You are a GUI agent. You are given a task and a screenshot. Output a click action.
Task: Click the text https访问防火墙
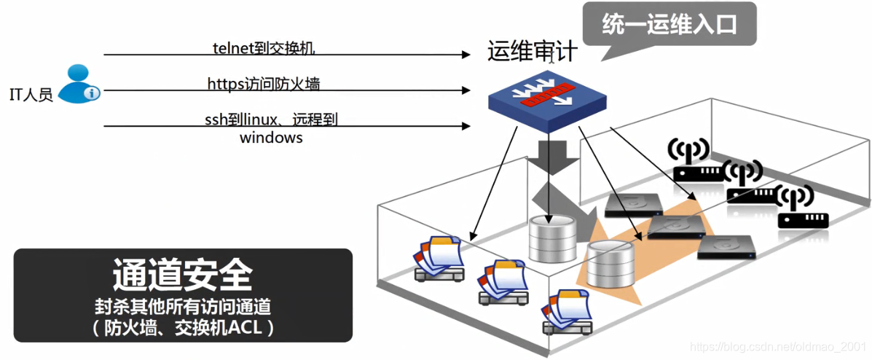[x=264, y=85]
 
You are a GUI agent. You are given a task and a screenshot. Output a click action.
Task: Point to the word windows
[x=271, y=137]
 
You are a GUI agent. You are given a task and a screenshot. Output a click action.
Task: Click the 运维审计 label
[x=533, y=51]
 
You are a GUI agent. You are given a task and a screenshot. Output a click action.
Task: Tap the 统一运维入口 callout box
[x=669, y=25]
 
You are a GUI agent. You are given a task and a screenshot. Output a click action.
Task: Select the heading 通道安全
[x=183, y=275]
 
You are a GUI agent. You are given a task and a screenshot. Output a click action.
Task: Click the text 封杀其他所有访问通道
[x=183, y=305]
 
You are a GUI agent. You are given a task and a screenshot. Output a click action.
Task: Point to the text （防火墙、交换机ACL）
[x=183, y=328]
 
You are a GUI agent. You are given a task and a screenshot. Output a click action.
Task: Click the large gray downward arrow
[x=548, y=157]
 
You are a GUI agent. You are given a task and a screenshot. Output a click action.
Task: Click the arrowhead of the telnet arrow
[x=467, y=55]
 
